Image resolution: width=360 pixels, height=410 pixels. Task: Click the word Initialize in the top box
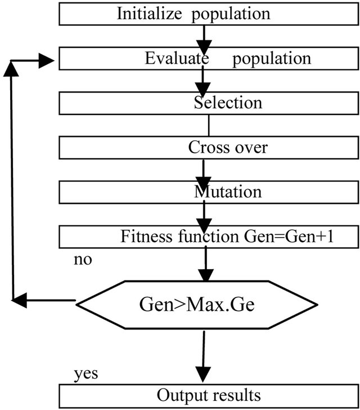point(147,14)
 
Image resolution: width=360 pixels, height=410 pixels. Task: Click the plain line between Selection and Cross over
point(209,126)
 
